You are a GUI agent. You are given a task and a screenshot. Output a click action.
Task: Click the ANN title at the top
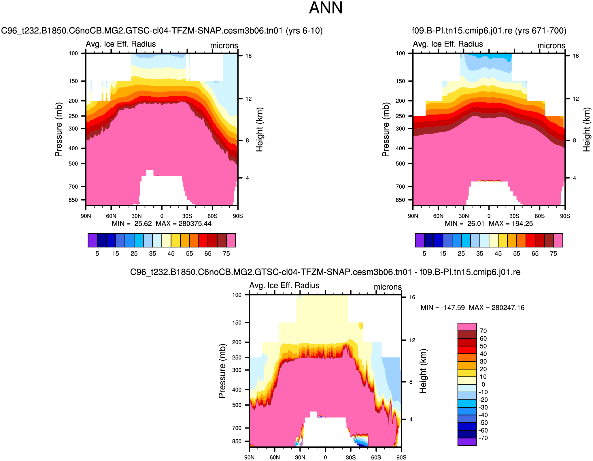click(x=326, y=8)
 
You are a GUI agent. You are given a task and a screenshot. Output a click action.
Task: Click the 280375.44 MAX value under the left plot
click(x=195, y=224)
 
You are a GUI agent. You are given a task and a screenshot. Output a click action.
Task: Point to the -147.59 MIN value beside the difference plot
click(x=453, y=308)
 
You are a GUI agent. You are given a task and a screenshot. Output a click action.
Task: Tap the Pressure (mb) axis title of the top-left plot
click(x=58, y=129)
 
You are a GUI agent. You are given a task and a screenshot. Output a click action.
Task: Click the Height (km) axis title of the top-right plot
click(x=587, y=129)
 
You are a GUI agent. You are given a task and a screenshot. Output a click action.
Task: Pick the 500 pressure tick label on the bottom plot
click(x=237, y=405)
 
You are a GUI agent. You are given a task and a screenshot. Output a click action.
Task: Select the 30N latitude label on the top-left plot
click(x=136, y=216)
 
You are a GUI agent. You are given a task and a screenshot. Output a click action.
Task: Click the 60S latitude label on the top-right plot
click(x=539, y=216)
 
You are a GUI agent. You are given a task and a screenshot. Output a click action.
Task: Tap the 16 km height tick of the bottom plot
click(x=412, y=297)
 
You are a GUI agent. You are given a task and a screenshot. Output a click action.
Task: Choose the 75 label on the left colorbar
click(x=226, y=254)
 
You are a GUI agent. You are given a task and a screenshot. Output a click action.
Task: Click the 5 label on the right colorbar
click(x=424, y=254)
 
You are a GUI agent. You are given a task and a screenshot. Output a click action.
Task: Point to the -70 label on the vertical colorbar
click(x=483, y=438)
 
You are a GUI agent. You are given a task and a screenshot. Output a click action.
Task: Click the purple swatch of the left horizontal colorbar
click(x=92, y=240)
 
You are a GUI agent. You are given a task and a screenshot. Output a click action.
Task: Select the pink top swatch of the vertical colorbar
click(x=467, y=327)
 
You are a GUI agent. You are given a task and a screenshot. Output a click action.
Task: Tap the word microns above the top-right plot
click(x=551, y=46)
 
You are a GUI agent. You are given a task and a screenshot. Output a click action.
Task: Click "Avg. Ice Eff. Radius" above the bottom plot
click(x=284, y=285)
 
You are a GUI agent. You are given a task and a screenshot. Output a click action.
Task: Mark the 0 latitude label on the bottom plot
click(x=325, y=458)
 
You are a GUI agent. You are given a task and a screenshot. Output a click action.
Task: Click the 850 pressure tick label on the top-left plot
click(x=73, y=200)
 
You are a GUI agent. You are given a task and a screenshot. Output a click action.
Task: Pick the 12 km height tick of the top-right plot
click(x=575, y=99)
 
